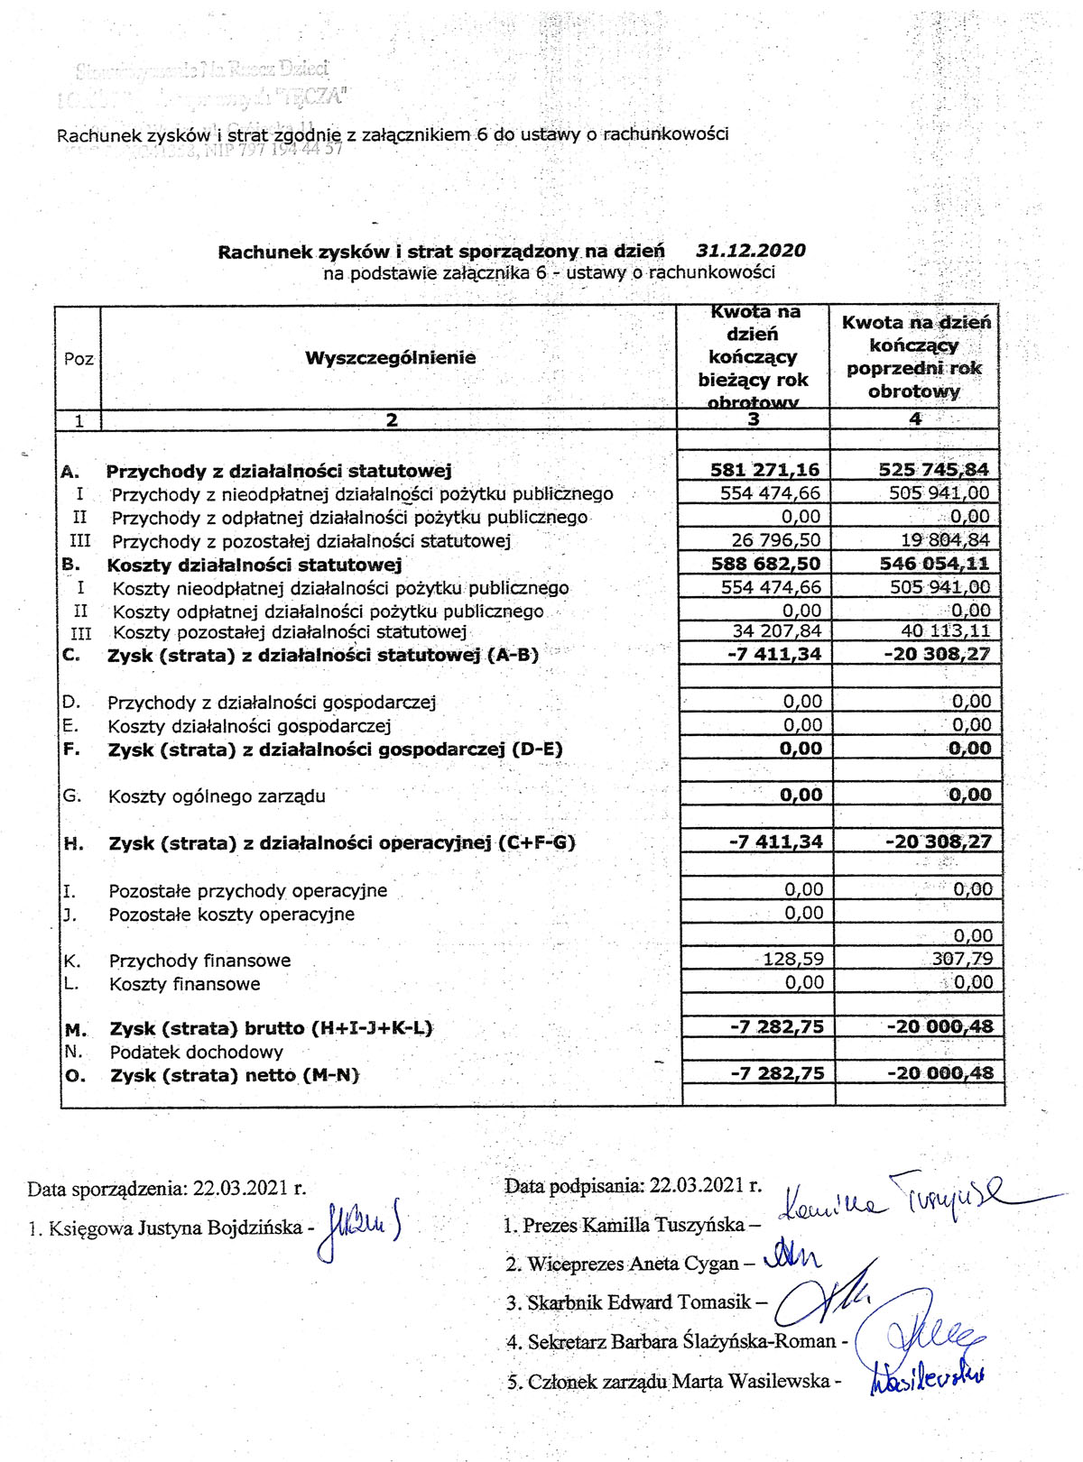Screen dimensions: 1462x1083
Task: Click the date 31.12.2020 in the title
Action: tap(751, 251)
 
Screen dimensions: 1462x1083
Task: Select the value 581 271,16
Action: tap(765, 470)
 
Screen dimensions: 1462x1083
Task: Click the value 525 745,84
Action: tap(933, 470)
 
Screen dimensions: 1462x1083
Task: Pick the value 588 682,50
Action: tap(765, 564)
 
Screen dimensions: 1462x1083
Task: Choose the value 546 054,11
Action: tap(933, 564)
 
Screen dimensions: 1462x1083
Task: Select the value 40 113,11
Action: tap(945, 630)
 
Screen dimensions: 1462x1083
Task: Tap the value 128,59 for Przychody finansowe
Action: tap(792, 959)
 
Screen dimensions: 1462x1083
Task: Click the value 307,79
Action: tap(962, 959)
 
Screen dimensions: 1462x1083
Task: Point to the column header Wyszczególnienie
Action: tap(390, 358)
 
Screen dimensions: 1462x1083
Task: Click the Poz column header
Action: tap(79, 359)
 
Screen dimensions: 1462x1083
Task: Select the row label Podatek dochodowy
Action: tap(196, 1052)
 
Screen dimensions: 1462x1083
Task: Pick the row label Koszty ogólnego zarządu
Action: tap(217, 796)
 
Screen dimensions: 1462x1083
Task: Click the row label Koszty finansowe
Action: tap(184, 984)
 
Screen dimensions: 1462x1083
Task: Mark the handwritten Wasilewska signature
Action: tap(928, 1377)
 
